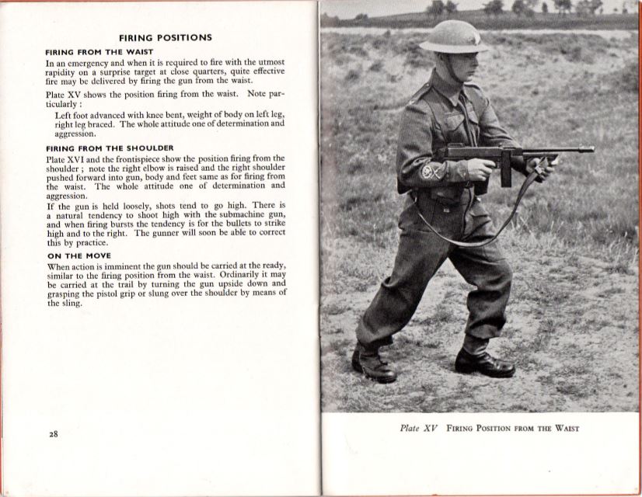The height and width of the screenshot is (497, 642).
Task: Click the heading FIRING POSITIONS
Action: pyautogui.click(x=165, y=37)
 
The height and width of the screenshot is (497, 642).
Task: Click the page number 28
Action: pyautogui.click(x=53, y=434)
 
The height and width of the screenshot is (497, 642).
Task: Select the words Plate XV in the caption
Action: pyautogui.click(x=420, y=429)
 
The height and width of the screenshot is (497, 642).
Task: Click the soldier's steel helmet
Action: pyautogui.click(x=454, y=36)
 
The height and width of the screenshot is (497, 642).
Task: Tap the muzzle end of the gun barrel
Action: pyautogui.click(x=590, y=149)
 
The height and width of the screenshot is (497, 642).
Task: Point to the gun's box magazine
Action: pyautogui.click(x=506, y=172)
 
